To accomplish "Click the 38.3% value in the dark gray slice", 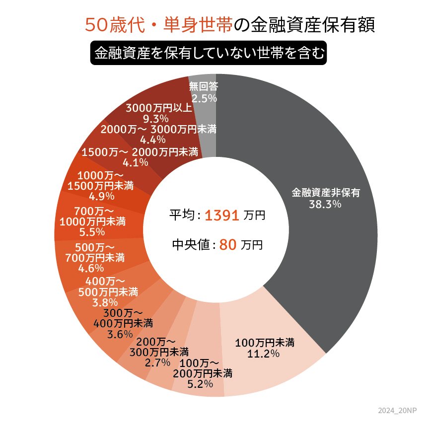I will pyautogui.click(x=325, y=204).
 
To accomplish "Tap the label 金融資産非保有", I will pyautogui.click(x=325, y=193).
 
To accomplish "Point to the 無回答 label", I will pyautogui.click(x=204, y=87).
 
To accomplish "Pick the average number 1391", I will pyautogui.click(x=222, y=216).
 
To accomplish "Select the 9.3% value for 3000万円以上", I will pyautogui.click(x=155, y=119).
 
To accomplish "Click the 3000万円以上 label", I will pyautogui.click(x=155, y=108).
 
